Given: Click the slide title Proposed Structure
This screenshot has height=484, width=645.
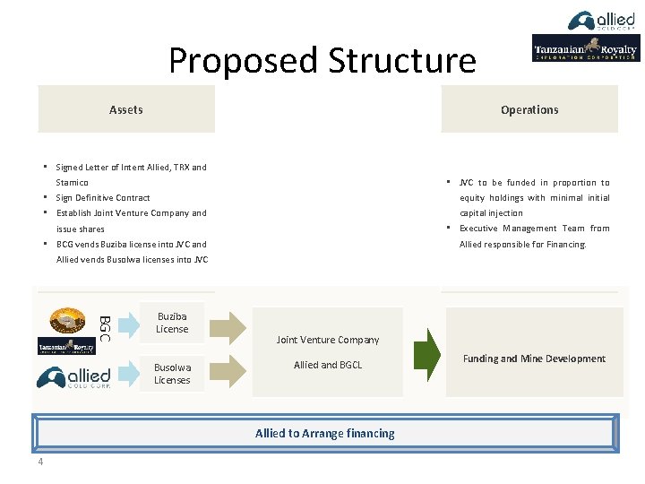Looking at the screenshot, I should click(322, 60).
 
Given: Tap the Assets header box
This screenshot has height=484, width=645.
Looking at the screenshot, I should click(126, 109).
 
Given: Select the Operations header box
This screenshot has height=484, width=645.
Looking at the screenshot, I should click(529, 109).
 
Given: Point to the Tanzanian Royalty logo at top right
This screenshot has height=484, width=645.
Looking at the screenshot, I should click(586, 48).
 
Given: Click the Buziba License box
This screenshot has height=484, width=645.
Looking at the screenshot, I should click(172, 323).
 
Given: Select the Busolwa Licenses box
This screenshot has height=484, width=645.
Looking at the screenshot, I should click(172, 374).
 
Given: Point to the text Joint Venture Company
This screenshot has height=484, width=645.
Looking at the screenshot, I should click(328, 340).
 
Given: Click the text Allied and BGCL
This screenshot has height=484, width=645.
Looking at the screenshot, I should click(328, 365).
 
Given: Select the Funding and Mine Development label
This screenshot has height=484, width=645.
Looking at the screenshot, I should click(534, 359).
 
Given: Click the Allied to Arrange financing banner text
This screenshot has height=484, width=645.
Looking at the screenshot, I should click(324, 433).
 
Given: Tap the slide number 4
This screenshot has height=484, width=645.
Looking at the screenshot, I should click(40, 462).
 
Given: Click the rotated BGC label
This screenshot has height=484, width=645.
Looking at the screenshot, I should click(104, 323).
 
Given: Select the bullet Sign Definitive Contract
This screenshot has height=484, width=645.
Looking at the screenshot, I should click(103, 197).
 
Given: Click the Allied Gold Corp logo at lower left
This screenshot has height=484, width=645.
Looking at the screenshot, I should click(73, 377).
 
